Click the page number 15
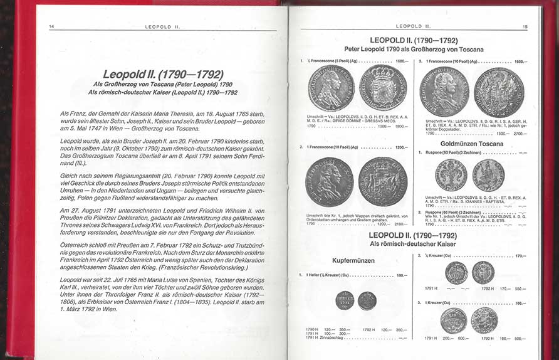point(525,26)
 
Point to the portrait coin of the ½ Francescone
point(331,88)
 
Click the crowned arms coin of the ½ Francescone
point(382,88)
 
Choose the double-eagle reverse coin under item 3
point(499,92)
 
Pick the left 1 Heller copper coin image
point(345,300)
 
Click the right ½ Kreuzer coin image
point(483,273)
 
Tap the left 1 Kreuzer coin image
point(453,320)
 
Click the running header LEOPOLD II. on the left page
point(163,26)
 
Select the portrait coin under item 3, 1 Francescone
point(444,91)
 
